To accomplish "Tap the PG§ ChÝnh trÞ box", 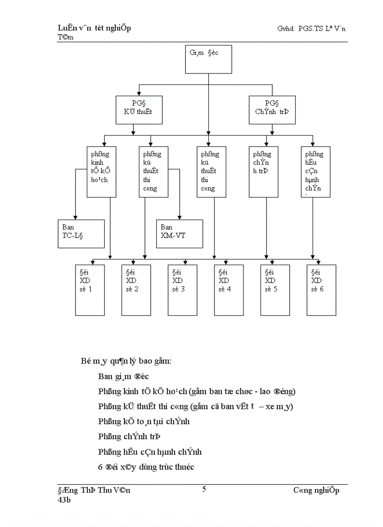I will point(273,110).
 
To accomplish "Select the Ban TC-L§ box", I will point(81,233).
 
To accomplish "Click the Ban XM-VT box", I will point(180,233).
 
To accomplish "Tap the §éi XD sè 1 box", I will point(90,290).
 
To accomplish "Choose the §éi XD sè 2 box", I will point(136,290).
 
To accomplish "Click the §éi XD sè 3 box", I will point(183,290).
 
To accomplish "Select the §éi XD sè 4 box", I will point(229,290).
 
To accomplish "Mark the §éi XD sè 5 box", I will point(275,290).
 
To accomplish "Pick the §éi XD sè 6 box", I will point(322,290).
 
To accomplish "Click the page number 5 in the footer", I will point(204,489).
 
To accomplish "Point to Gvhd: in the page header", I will point(286,29).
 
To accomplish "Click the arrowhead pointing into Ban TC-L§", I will point(75,216).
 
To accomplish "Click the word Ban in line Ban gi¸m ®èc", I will point(106,376).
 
